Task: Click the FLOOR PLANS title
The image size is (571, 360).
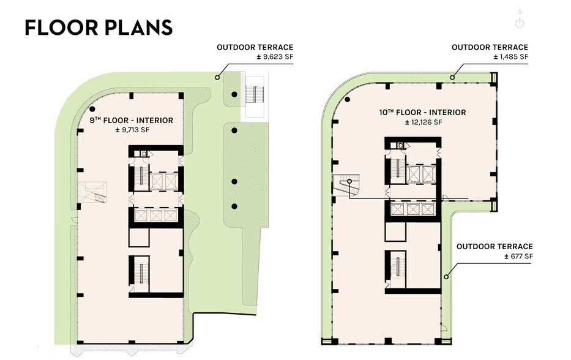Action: click(99, 28)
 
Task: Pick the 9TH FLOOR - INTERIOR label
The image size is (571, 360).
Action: click(131, 121)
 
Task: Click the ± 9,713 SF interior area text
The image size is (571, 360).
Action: click(131, 130)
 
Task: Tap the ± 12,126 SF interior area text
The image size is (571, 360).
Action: click(424, 122)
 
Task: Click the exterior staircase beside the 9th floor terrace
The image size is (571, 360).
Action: click(253, 95)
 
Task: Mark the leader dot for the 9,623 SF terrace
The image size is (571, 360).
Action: click(217, 78)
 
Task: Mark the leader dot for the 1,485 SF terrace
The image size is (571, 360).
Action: click(452, 78)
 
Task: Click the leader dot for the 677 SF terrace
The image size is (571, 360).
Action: click(447, 277)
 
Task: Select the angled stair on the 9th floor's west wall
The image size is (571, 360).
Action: click(98, 192)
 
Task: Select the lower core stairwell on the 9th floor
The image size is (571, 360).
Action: click(141, 274)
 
